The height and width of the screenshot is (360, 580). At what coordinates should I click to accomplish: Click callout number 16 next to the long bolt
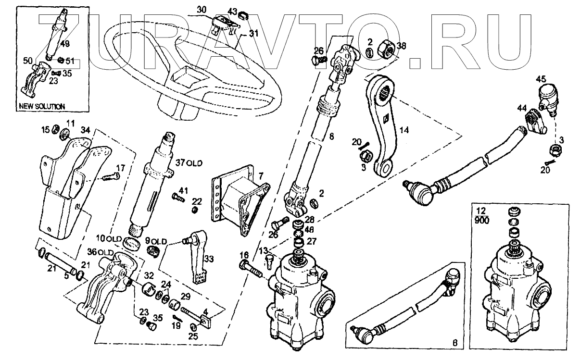(x=244, y=254)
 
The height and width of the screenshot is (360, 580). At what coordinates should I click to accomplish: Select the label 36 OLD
(x=100, y=252)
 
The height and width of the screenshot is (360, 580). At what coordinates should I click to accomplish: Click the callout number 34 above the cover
(x=85, y=129)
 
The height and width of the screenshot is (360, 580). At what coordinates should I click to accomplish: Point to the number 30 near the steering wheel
(x=201, y=10)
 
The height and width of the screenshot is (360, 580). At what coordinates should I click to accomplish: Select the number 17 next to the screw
(x=120, y=168)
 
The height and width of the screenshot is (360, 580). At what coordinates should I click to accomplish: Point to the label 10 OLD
(x=107, y=237)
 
